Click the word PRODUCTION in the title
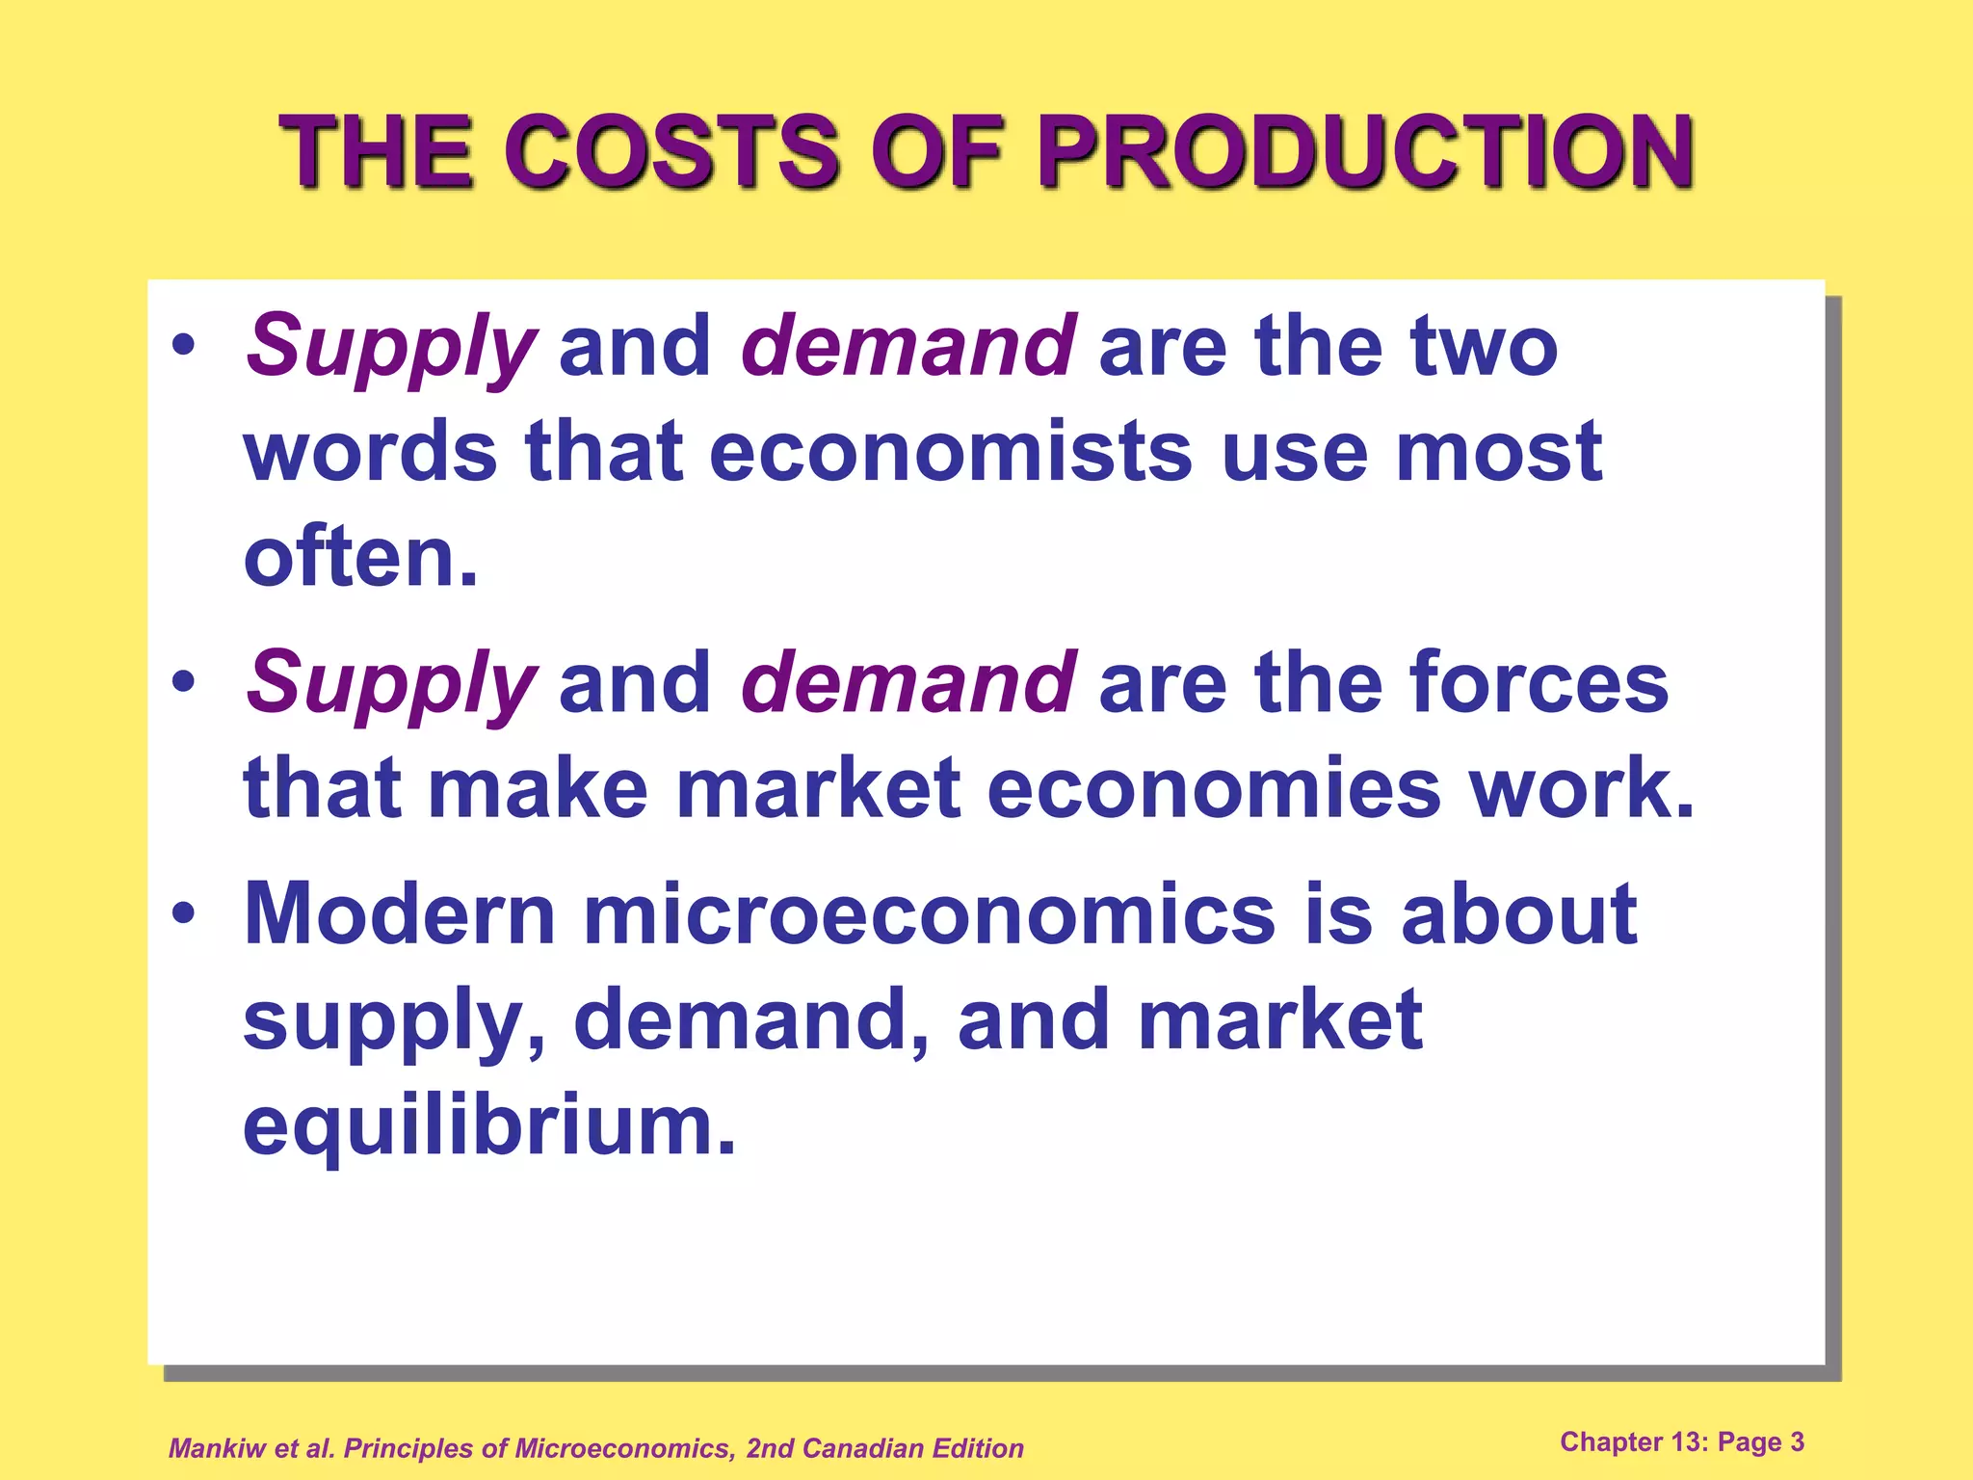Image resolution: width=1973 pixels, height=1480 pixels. click(1365, 152)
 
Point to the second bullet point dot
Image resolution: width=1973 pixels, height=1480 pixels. click(183, 681)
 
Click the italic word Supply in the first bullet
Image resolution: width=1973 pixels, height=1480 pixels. click(390, 347)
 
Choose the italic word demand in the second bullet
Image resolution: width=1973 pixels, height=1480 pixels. click(908, 682)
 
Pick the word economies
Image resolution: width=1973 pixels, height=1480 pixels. click(1214, 788)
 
